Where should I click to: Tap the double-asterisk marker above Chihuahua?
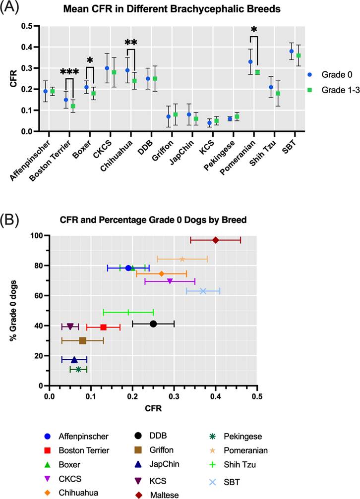coord(131,43)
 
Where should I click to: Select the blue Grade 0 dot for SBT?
coord(292,51)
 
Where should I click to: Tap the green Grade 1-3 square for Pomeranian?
coord(257,72)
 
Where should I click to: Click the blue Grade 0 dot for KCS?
coord(210,123)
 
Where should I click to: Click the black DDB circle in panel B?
coord(153,324)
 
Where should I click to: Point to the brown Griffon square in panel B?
coord(82,340)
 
